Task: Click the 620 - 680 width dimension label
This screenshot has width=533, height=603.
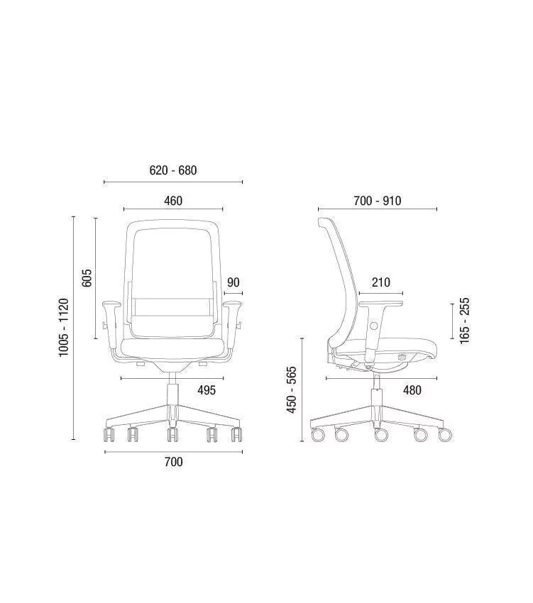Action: (x=172, y=170)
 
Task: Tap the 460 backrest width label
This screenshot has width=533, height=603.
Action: (x=173, y=200)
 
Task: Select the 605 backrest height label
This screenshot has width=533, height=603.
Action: (x=87, y=277)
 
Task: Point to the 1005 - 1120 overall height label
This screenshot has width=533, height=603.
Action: (x=63, y=327)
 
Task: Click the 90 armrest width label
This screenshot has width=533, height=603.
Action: (x=233, y=282)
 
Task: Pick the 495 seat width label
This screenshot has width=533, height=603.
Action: (x=207, y=390)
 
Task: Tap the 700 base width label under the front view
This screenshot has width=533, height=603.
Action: (x=174, y=462)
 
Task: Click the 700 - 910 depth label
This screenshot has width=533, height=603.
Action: (x=377, y=200)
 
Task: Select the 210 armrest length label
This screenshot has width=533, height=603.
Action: (x=381, y=282)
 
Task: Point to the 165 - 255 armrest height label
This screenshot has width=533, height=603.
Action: (x=465, y=321)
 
